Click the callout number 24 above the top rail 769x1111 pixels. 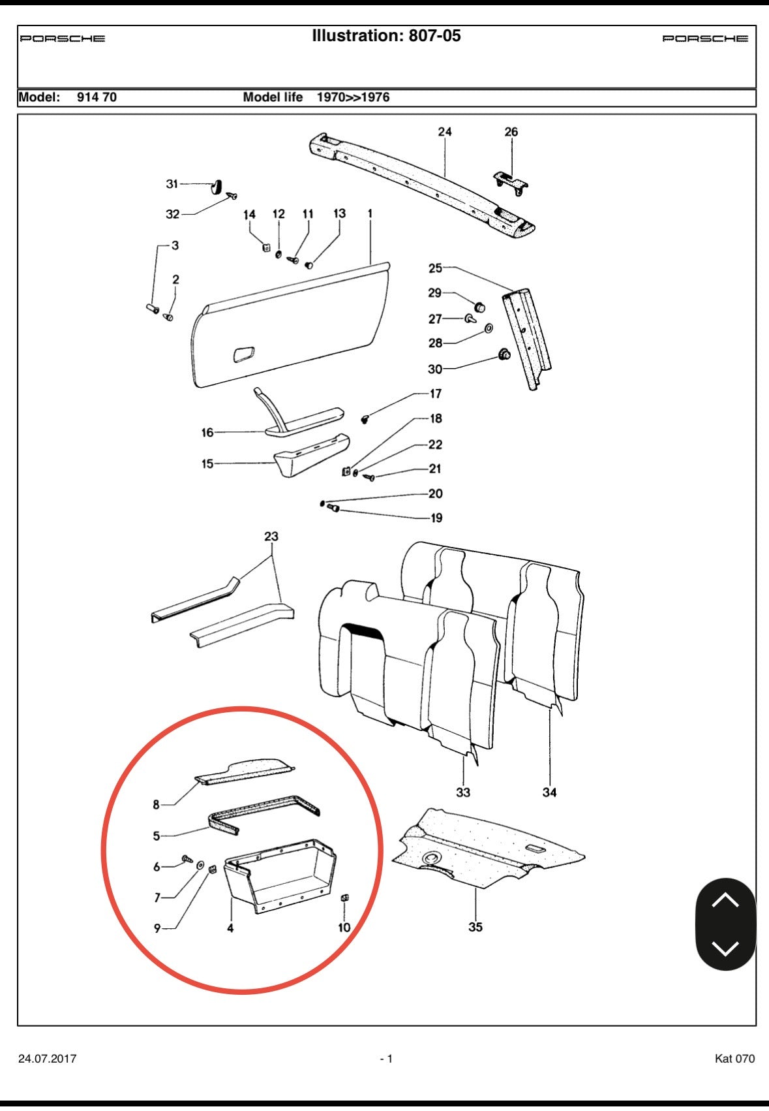coord(444,132)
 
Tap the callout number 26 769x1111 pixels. coord(511,132)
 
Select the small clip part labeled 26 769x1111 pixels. coord(511,183)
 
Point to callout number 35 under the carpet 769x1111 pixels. coord(475,927)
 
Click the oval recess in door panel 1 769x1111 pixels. coord(244,354)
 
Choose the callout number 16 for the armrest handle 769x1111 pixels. coord(207,432)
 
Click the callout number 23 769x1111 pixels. coord(271,537)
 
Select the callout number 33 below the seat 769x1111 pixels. coord(463,792)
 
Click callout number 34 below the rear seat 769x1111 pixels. coord(550,792)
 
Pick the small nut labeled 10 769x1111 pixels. coord(346,899)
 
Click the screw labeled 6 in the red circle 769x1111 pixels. coord(186,859)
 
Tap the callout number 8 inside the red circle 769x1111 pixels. coord(156,805)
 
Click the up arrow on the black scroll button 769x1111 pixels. coord(725,900)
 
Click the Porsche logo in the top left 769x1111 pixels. coord(63,39)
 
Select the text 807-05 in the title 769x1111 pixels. coord(434,36)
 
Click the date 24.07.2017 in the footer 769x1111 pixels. coord(47,1059)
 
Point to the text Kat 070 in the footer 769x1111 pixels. coord(734,1059)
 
